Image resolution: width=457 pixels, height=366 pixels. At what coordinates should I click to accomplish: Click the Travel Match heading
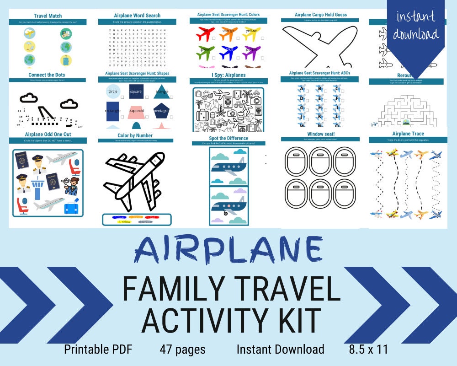(x=48, y=16)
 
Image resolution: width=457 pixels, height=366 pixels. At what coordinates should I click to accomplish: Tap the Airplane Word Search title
(x=138, y=16)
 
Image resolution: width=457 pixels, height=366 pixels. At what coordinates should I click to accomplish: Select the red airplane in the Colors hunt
(x=205, y=33)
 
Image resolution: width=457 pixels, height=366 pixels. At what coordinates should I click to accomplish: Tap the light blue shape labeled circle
(x=112, y=92)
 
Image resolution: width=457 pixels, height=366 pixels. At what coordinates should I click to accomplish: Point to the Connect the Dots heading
(x=47, y=75)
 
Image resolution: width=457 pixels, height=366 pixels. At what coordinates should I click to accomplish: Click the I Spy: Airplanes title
(x=228, y=75)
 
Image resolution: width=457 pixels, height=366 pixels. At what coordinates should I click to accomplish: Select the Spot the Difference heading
(x=228, y=138)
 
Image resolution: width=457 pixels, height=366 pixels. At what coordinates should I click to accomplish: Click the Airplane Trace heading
(x=408, y=134)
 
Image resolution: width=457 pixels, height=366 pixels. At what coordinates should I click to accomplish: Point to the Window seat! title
(x=319, y=134)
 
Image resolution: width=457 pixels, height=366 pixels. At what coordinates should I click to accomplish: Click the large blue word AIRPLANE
(x=228, y=248)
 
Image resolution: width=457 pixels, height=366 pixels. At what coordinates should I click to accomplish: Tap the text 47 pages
(x=182, y=350)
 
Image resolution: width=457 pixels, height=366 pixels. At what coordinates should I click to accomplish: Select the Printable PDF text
(x=98, y=350)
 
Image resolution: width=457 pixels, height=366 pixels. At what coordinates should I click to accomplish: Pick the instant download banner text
(x=416, y=26)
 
